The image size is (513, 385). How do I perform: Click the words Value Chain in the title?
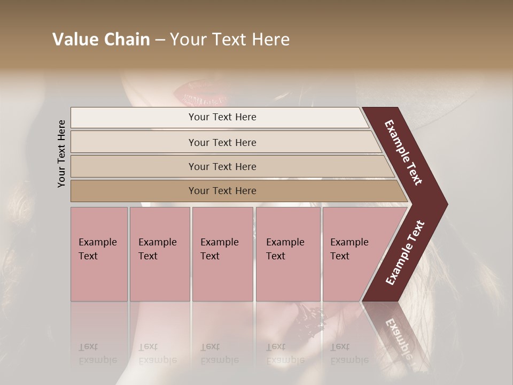pos(101,40)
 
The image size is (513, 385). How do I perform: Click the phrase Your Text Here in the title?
pos(230,40)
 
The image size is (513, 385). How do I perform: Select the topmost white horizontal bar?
pos(222,117)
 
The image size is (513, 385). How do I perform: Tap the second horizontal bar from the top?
pos(222,142)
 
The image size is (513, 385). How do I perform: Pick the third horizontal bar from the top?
pos(222,166)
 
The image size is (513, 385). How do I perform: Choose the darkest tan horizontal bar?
pos(222,191)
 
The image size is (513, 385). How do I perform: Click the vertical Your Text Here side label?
pos(61,153)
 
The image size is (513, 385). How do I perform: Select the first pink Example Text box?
pos(99,253)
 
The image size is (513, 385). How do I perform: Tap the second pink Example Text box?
pos(159,253)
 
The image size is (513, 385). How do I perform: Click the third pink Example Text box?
pos(222,253)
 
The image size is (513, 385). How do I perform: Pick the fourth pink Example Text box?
pos(287,253)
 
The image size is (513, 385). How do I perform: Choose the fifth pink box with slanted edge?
pos(353,253)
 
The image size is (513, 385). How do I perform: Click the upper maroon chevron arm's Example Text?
pos(403,152)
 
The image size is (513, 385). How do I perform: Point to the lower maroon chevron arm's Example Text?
pos(405,252)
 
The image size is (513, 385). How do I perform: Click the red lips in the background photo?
pos(198,93)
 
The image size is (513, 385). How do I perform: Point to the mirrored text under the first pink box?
pos(97,353)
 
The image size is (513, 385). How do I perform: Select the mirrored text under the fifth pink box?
pos(349,353)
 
